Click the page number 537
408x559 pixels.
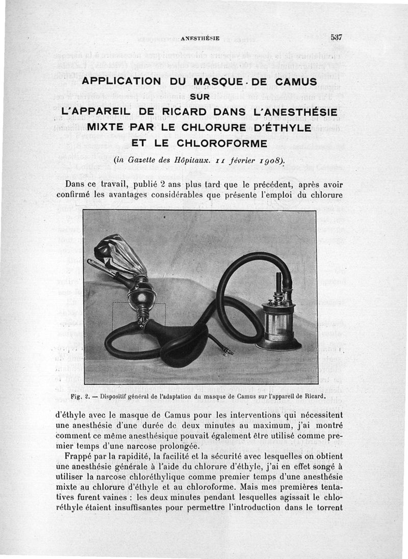pyautogui.click(x=336, y=37)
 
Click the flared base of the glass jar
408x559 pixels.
pyautogui.click(x=278, y=346)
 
